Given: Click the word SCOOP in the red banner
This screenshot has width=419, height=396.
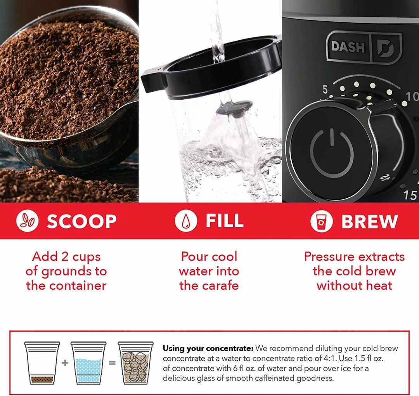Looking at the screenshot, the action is (x=82, y=221).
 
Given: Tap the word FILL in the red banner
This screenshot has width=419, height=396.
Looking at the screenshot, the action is (x=225, y=220).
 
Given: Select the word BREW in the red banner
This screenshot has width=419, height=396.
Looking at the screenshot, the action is (x=370, y=221).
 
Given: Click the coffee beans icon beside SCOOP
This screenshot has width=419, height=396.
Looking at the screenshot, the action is (x=27, y=221).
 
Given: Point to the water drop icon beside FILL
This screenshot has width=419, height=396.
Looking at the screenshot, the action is (x=186, y=221).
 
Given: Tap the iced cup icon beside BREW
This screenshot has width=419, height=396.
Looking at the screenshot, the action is (x=322, y=221).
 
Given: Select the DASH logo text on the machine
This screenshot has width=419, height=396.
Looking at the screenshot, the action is (x=348, y=47).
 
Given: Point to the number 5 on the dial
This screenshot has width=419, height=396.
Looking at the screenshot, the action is (x=325, y=90).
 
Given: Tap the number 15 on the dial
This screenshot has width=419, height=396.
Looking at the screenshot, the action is (x=410, y=195).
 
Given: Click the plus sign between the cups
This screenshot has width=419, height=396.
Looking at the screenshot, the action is (x=65, y=363).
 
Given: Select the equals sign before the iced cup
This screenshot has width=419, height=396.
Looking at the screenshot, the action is (x=112, y=363).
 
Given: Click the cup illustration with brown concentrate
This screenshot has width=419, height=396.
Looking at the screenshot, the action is (x=42, y=363).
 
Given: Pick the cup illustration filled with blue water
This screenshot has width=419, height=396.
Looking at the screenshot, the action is (x=88, y=363).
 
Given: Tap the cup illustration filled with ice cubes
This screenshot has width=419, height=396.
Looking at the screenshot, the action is (x=136, y=363).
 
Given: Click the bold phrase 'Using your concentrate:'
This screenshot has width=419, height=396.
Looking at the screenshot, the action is (x=208, y=349).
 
